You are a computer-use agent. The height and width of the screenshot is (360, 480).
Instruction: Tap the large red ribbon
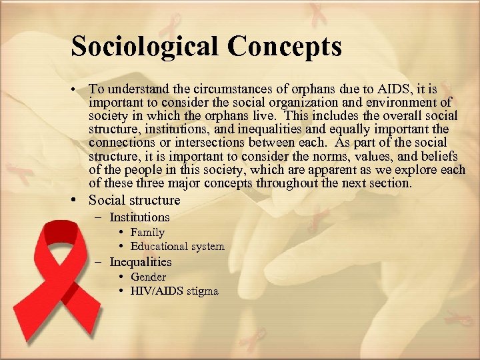tap(67, 280)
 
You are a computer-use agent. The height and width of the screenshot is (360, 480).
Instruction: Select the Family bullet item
tap(147, 233)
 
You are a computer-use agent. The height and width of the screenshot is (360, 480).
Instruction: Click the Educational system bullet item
tap(177, 247)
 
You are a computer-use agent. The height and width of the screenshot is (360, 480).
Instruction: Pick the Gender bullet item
tap(148, 277)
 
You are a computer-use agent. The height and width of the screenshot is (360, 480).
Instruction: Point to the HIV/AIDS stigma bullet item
tap(174, 291)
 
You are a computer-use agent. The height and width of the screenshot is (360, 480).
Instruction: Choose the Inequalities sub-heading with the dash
tap(140, 262)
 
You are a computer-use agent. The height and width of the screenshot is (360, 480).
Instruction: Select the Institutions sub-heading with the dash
tap(139, 217)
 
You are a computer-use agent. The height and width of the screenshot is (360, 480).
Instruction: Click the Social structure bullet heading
tap(134, 200)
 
